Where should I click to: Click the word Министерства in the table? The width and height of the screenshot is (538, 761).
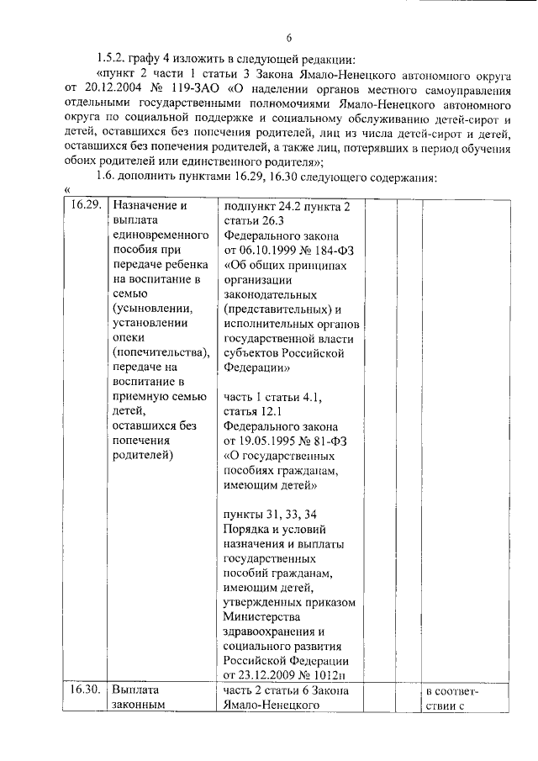coord(264,616)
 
